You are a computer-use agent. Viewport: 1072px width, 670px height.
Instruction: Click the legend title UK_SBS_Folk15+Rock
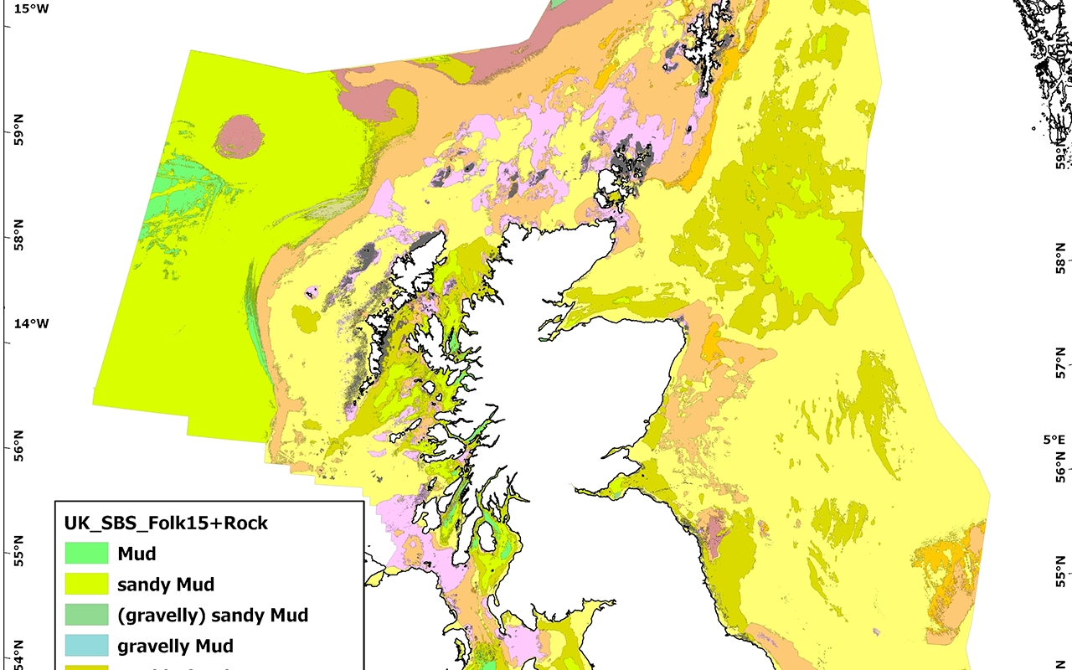pos(166,523)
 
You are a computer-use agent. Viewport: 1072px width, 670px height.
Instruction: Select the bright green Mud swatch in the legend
pos(88,553)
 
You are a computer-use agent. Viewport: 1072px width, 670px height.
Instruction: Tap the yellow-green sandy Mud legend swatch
pos(88,584)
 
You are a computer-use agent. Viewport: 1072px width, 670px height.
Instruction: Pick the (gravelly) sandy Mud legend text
pos(213,616)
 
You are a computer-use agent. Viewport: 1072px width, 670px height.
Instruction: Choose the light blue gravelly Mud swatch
pos(88,646)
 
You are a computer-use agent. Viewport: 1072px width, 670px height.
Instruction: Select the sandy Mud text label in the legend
pos(166,585)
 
